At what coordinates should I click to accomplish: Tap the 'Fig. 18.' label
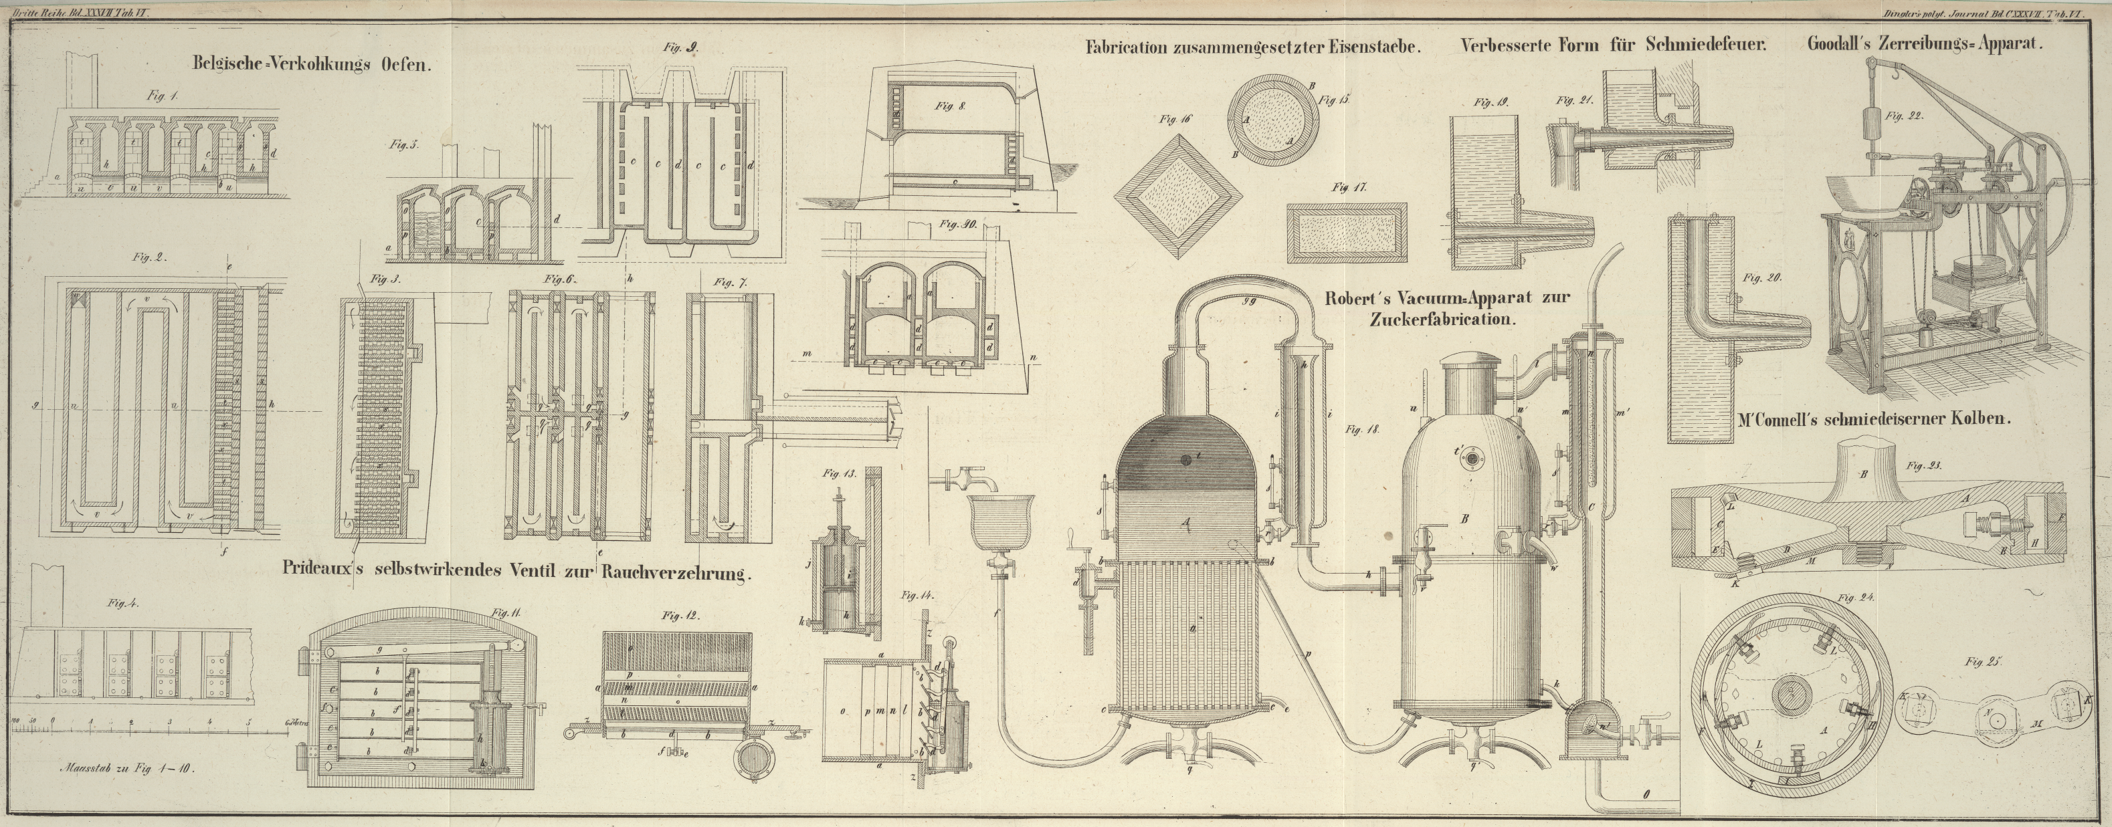tap(1363, 429)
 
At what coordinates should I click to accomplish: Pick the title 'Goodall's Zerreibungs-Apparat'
tap(1924, 45)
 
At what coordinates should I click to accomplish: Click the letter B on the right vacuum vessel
tap(1464, 518)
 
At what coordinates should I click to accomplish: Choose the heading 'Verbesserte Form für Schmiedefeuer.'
tap(1613, 46)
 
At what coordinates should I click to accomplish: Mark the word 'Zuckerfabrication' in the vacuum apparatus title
tap(1439, 320)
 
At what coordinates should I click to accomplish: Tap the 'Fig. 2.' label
tap(149, 257)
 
